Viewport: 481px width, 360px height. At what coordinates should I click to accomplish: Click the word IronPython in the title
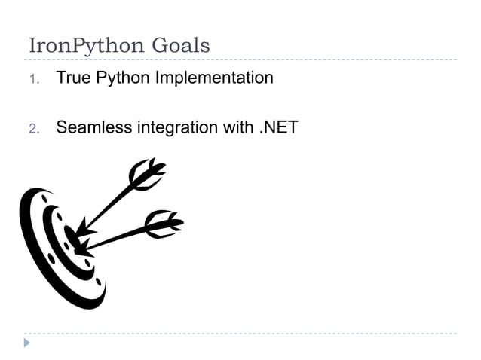(87, 46)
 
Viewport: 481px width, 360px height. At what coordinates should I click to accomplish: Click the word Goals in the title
(181, 45)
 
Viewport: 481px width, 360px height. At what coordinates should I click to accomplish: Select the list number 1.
(33, 78)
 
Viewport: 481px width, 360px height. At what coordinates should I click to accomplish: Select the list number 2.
(33, 127)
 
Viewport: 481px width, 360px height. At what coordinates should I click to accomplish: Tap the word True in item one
(74, 78)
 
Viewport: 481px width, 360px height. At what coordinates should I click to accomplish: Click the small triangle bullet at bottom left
(27, 343)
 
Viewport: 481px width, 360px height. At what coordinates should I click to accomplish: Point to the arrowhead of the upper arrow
(81, 228)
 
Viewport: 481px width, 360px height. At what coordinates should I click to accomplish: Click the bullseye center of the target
(72, 239)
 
